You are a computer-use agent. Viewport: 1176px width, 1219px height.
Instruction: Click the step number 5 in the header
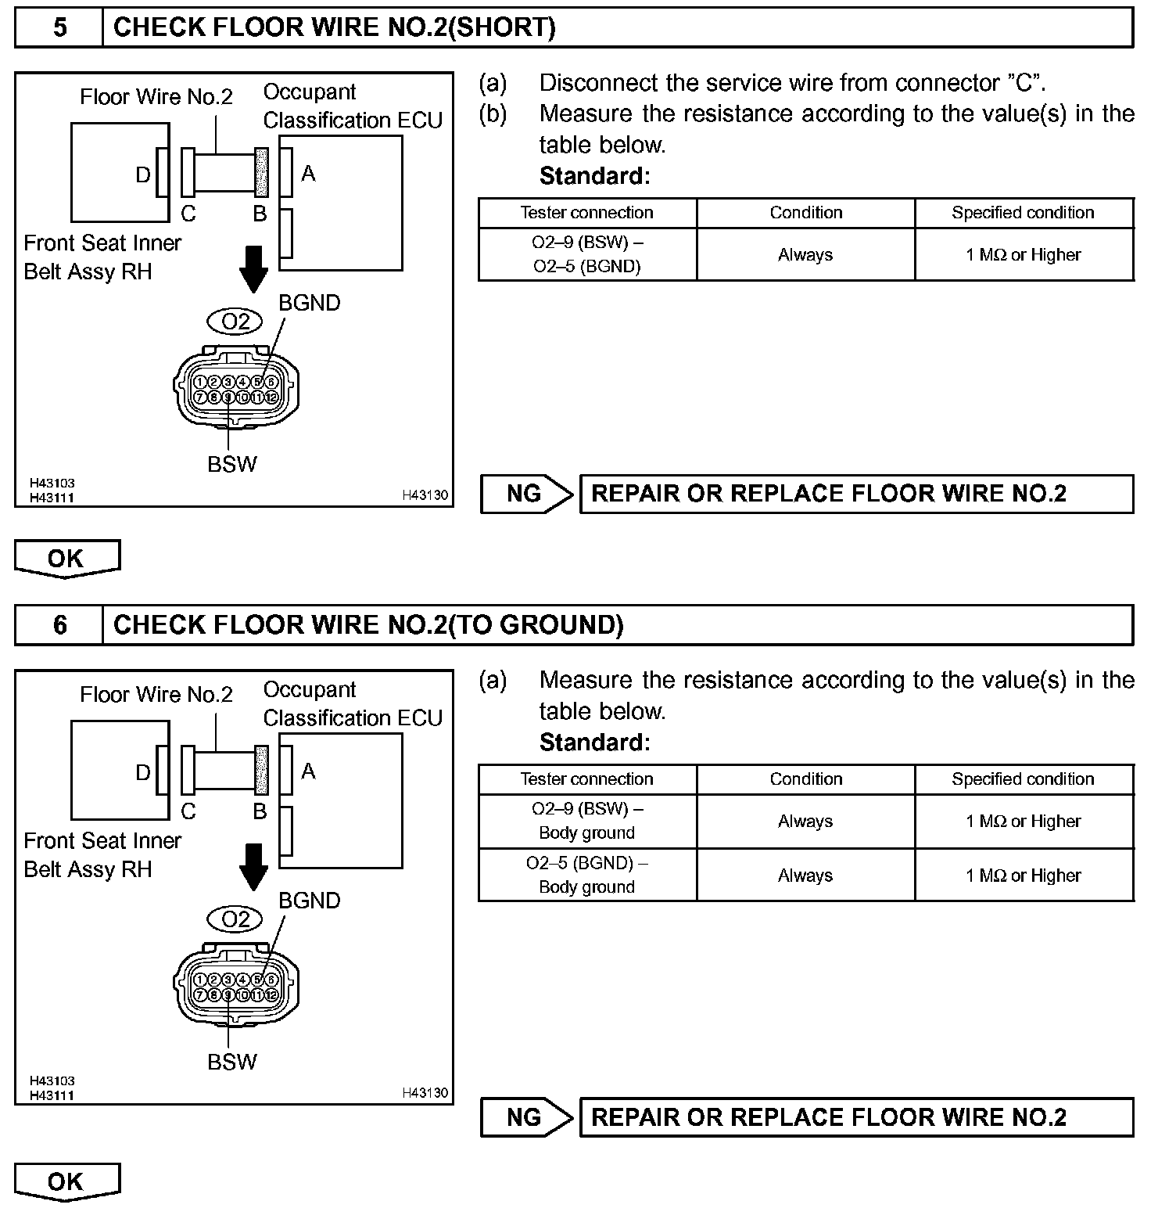[x=59, y=28]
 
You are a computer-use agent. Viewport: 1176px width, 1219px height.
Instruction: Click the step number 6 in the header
[x=59, y=625]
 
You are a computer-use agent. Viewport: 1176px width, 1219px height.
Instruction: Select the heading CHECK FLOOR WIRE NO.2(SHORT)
[x=334, y=28]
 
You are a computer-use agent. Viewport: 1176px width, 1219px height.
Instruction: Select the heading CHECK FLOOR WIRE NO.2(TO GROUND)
[x=368, y=625]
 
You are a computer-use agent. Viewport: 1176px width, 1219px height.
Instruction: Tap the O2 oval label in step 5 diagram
[x=235, y=322]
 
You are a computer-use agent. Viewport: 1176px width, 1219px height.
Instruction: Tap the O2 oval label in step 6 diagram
[x=235, y=919]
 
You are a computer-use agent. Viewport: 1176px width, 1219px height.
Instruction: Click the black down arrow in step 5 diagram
[x=253, y=269]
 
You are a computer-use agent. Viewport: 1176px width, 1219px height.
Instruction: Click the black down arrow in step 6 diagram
[x=253, y=867]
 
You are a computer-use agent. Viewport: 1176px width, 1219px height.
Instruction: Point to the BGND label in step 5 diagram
[x=310, y=304]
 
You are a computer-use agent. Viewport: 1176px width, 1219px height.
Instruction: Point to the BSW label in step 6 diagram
[x=232, y=1062]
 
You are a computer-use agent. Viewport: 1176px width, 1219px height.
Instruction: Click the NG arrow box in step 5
[x=526, y=494]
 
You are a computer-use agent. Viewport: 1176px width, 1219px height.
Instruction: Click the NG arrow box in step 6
[x=526, y=1117]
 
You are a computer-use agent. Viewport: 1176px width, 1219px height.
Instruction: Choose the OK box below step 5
[x=66, y=559]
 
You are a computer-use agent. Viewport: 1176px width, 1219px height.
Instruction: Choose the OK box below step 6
[x=66, y=1181]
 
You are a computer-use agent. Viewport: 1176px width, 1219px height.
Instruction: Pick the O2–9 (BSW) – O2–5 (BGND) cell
[x=587, y=254]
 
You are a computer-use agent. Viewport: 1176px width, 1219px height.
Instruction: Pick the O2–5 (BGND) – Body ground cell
[x=587, y=875]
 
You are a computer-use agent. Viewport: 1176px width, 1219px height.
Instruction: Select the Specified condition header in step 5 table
[x=1023, y=213]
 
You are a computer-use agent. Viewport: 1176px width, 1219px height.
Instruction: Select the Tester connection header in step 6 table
[x=587, y=779]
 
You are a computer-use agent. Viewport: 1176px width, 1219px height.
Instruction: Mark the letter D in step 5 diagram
[x=143, y=174]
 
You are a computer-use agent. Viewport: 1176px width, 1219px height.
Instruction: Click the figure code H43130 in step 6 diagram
[x=425, y=1092]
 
